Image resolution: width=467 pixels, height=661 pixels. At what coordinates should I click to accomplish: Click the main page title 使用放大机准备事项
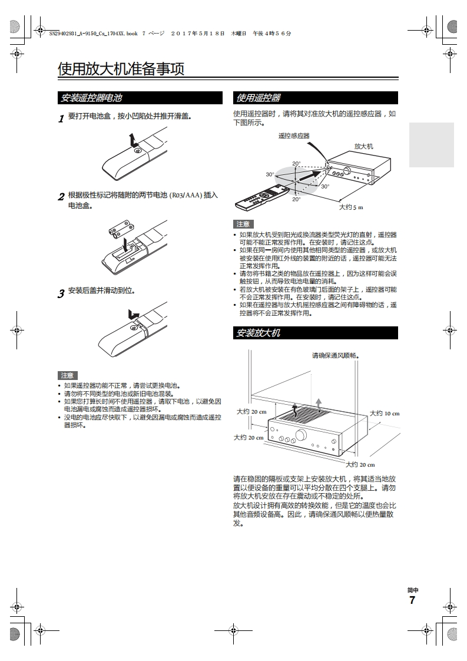[121, 70]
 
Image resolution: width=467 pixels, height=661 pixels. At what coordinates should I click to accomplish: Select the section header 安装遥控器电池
[91, 98]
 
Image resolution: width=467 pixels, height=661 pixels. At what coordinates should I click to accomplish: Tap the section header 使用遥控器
[258, 98]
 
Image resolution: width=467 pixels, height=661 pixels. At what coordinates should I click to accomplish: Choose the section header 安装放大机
[258, 333]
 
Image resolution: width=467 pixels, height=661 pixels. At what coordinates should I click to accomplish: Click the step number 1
[61, 118]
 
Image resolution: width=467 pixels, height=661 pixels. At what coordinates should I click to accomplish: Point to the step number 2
[61, 197]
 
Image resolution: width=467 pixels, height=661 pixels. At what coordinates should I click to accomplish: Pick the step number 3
[61, 293]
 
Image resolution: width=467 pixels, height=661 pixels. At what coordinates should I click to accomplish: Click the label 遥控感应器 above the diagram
[293, 135]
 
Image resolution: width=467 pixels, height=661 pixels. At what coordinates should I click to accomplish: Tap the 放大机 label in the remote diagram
[363, 146]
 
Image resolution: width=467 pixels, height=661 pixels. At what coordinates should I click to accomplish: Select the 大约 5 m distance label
[351, 207]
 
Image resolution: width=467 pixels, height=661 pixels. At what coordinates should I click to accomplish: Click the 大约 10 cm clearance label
[384, 413]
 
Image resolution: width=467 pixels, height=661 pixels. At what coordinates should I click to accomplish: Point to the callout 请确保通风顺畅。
[335, 355]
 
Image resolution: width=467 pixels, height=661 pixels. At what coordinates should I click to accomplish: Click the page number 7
[412, 600]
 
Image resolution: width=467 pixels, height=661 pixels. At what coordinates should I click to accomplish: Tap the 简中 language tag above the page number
[412, 590]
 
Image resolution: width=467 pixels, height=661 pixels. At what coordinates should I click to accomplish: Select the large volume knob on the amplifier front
[301, 435]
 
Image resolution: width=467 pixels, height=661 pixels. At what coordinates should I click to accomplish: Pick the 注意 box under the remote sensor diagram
[243, 224]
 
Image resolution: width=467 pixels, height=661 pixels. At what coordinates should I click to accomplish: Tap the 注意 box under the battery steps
[68, 375]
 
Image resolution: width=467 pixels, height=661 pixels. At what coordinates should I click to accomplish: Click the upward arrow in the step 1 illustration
[133, 140]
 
